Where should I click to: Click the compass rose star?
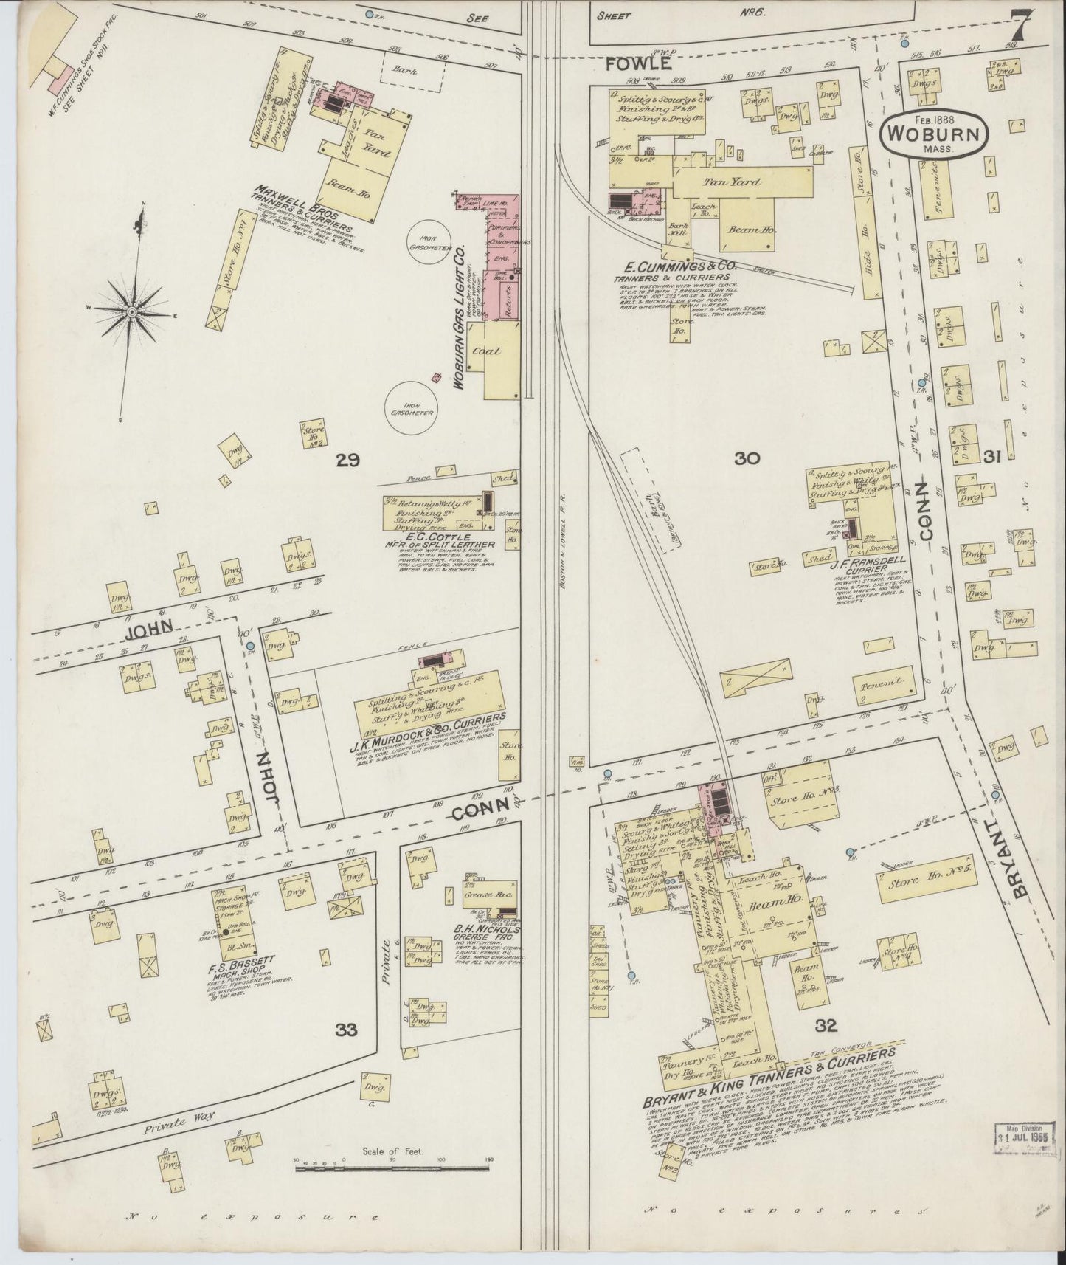point(131,312)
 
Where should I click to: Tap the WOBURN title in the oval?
point(934,135)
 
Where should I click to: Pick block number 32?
point(826,1024)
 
